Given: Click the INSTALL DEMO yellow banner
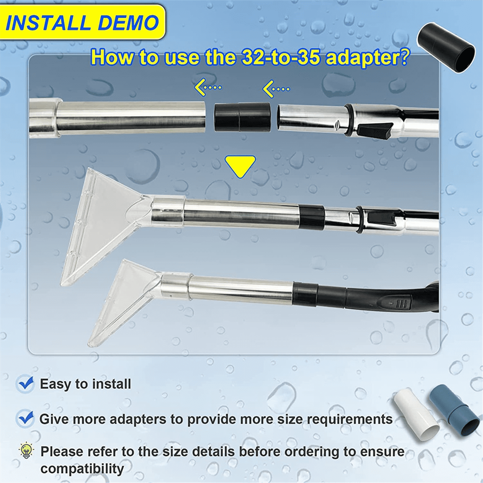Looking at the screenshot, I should pos(82,23).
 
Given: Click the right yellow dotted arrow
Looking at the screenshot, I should pos(276,88).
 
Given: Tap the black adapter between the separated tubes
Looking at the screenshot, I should pos(242,117).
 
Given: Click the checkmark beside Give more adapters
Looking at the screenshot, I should pos(26,419).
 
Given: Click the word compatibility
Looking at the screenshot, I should pos(82,469).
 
